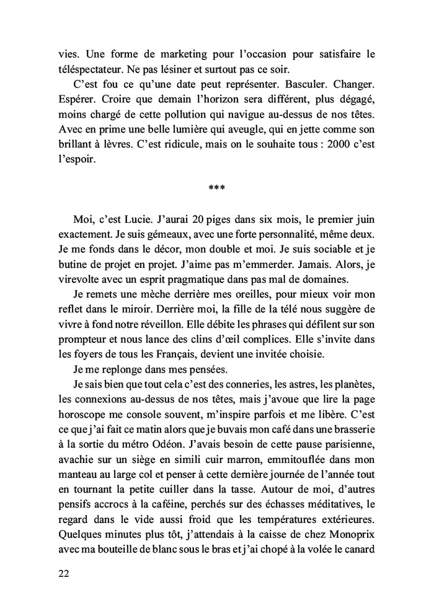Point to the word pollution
(195, 131)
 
